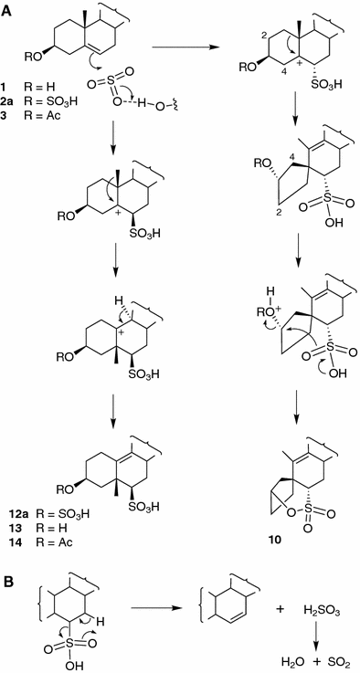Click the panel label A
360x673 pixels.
pyautogui.click(x=8, y=10)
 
